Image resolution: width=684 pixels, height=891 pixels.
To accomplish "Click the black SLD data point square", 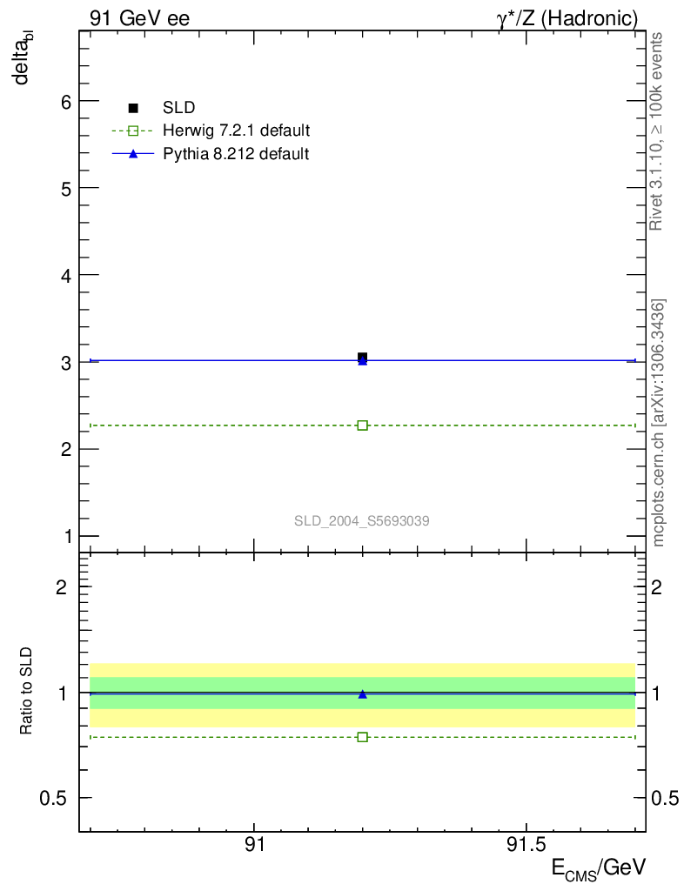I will point(362,357).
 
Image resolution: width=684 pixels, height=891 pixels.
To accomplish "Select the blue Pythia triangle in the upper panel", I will point(362,361).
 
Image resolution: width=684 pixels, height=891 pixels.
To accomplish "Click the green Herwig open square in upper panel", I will point(362,425).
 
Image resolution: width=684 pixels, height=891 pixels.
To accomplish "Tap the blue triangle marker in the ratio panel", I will point(362,694).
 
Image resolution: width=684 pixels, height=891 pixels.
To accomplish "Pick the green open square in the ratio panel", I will point(362,737).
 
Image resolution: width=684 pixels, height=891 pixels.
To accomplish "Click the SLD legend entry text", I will point(178,108).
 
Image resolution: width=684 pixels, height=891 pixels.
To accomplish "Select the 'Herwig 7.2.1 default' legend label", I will point(237,131).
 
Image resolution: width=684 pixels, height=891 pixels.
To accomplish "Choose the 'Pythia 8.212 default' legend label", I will point(236,154).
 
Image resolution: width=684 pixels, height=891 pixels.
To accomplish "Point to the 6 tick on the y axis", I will point(64,101).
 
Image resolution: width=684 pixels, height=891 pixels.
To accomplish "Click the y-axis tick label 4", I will point(64,275).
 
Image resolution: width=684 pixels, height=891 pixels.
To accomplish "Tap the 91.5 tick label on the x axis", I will point(526,845).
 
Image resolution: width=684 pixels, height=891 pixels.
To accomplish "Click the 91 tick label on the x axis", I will point(254,845).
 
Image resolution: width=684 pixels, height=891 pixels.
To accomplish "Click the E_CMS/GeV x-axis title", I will point(599,868).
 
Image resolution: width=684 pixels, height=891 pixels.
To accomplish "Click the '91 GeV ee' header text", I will point(139,17).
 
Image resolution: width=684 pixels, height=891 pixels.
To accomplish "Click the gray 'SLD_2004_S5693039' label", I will point(362,521).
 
